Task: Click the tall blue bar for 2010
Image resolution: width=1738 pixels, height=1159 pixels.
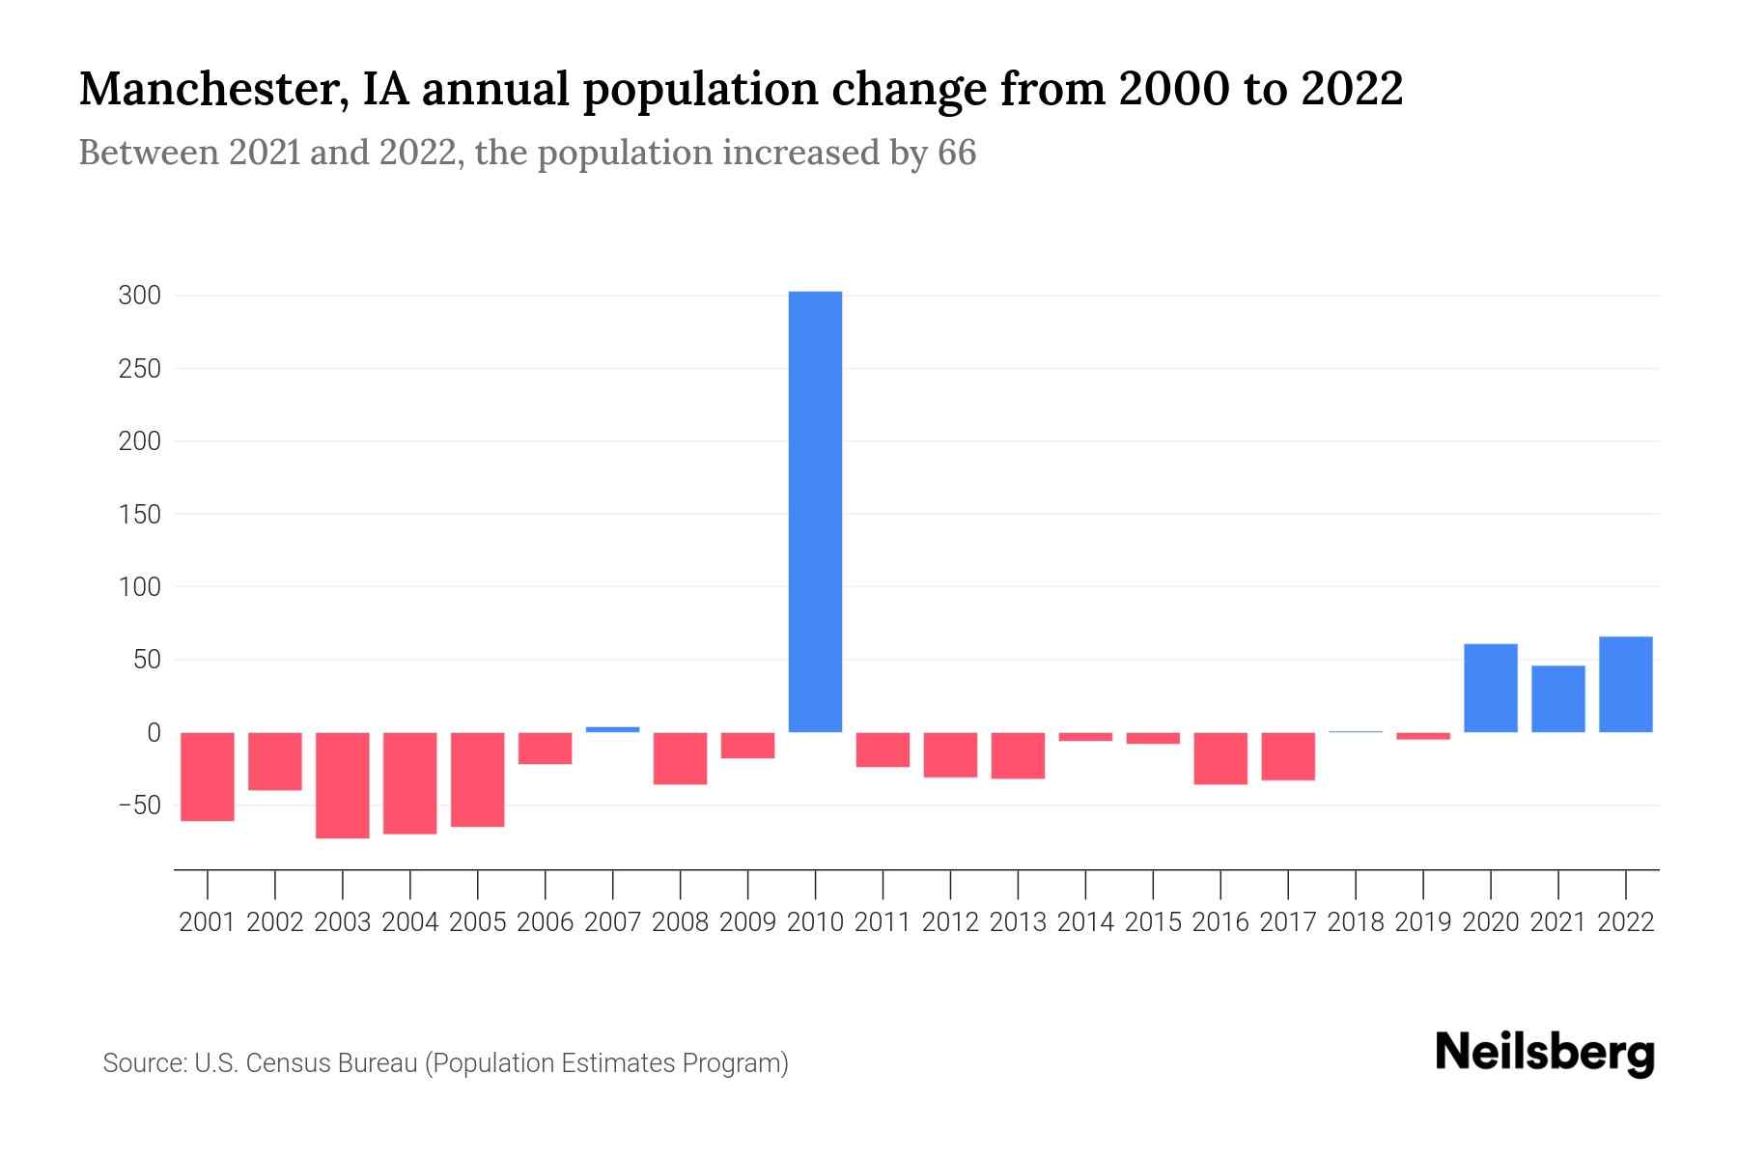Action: coord(815,512)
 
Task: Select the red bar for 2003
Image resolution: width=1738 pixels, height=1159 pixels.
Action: coord(343,784)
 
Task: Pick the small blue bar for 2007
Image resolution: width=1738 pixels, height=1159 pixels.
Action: coord(612,729)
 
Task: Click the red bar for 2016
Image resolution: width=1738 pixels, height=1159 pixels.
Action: coord(1220,758)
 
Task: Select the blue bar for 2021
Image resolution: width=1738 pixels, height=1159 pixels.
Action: coord(1557,698)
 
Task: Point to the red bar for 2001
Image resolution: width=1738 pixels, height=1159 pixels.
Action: coord(208,777)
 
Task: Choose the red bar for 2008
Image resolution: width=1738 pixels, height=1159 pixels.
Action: coord(680,758)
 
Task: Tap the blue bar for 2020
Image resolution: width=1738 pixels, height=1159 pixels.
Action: coord(1490,688)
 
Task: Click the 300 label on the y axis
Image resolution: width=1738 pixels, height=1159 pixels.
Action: coord(139,296)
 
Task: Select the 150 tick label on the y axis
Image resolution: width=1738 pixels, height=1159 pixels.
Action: coord(139,515)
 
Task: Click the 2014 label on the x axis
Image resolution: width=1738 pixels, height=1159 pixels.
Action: coord(1085,922)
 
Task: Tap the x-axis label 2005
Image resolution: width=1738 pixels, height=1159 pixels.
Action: coord(477,922)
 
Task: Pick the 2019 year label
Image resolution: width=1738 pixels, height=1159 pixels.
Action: coord(1422,922)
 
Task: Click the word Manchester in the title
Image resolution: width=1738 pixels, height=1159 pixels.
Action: coord(213,89)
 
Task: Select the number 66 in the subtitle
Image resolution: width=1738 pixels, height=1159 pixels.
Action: coord(956,153)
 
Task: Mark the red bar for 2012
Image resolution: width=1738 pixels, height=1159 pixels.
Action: coord(950,754)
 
